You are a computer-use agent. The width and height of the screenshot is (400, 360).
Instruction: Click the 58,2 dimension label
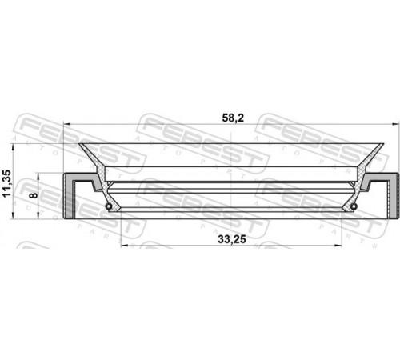coord(230,118)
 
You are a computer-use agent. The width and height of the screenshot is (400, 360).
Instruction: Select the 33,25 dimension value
coord(232,239)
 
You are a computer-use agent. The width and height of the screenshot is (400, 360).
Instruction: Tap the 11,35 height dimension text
coord(6,183)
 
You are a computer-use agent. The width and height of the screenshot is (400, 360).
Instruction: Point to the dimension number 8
coord(34,195)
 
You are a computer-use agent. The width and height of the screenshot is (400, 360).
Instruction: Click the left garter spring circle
coord(109,206)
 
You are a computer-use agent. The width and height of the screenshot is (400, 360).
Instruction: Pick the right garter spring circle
coord(354,206)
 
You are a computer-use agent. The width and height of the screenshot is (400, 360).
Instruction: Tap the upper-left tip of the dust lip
coord(79,144)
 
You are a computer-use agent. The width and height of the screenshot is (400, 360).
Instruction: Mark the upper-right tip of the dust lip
coord(383,144)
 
